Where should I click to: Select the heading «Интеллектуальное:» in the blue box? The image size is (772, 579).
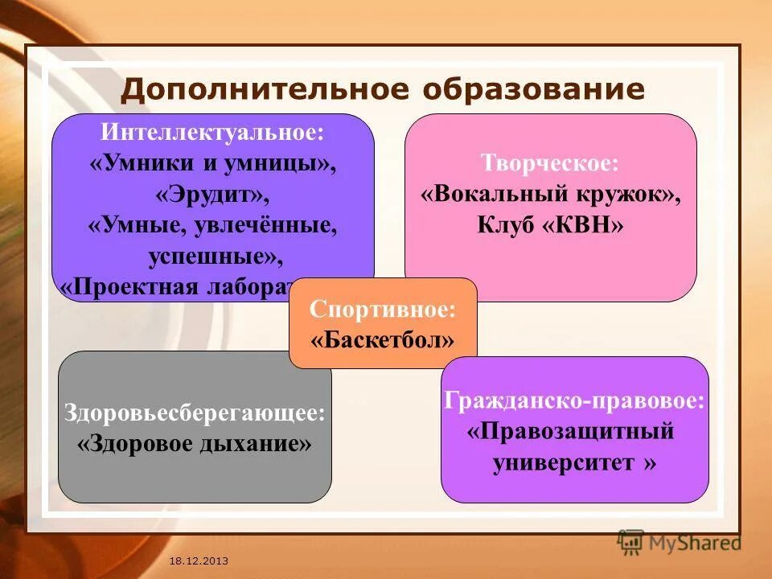(x=213, y=132)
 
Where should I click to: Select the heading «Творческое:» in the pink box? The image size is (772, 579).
(x=550, y=163)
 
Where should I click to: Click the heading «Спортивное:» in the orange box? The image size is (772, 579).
(x=383, y=308)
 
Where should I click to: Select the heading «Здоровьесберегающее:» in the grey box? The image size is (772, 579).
(x=195, y=413)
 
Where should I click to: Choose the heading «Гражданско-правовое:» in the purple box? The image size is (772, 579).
(x=575, y=400)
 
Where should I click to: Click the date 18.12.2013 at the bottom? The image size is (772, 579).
(x=199, y=560)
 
